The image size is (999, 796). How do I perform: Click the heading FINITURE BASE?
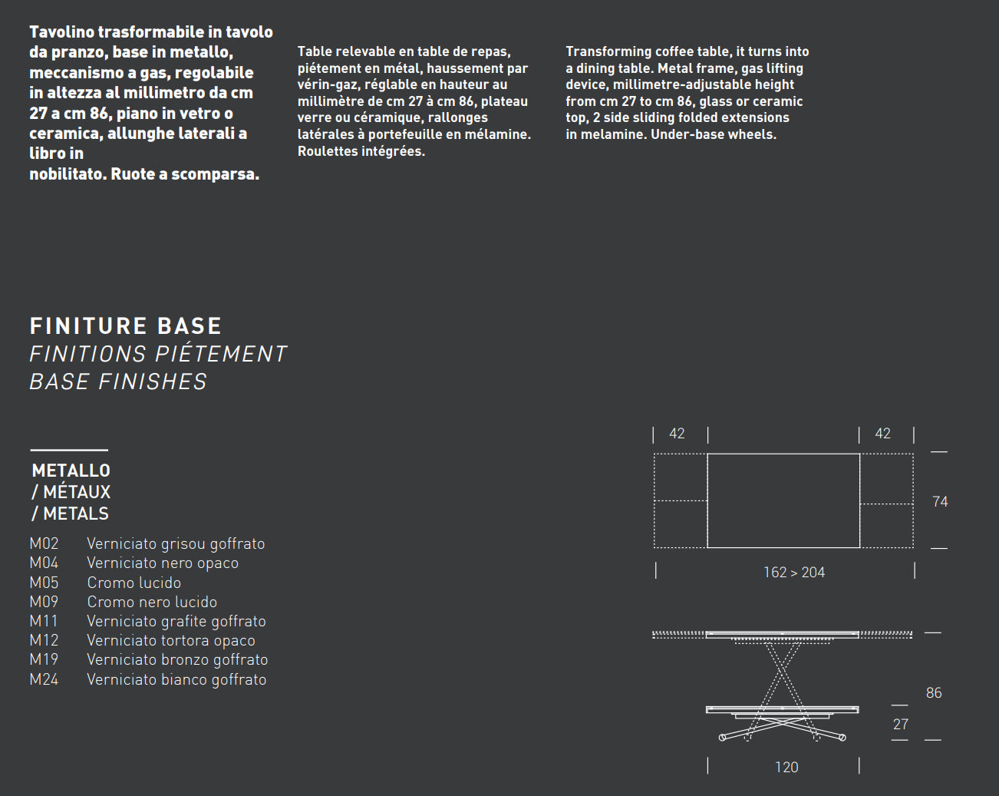pos(125,326)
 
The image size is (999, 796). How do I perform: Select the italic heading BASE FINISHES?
pos(118,381)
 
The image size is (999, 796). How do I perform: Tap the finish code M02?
pos(44,543)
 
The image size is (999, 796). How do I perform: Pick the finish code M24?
pos(44,679)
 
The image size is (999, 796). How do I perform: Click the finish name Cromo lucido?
pos(134,583)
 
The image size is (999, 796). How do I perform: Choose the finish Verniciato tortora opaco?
pos(170,640)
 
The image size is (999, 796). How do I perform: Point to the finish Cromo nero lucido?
pos(151,602)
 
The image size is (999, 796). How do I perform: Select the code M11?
pos(44,621)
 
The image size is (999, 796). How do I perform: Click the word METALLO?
pos(71,471)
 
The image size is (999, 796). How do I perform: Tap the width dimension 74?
pos(940,502)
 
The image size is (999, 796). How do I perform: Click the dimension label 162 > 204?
pos(793,573)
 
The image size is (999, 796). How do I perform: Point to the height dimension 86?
pos(934,693)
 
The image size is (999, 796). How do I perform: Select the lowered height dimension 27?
pos(901,725)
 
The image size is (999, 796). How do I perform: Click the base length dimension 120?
pos(786,768)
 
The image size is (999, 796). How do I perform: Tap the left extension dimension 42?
pos(677,434)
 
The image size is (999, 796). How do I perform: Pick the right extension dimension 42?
pos(883,434)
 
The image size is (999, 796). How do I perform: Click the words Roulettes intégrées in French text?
pos(361,151)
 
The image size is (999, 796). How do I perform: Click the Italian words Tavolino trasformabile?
pos(117,32)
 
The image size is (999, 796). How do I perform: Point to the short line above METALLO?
pos(69,450)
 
